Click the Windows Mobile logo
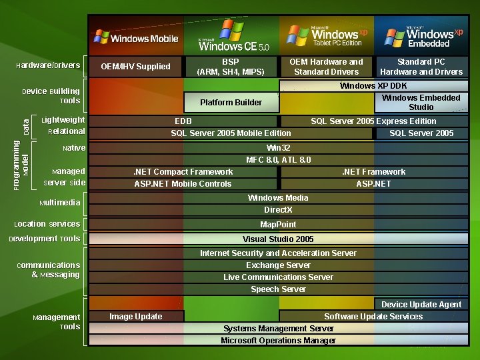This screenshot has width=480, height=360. tap(136, 37)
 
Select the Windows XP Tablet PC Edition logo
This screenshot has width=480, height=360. tap(327, 35)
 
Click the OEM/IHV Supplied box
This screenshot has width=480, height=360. tap(135, 66)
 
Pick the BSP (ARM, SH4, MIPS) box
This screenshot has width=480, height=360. tap(231, 66)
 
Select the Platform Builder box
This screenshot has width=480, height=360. tap(231, 103)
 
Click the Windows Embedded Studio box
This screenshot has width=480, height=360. tap(421, 102)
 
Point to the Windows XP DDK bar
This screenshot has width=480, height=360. tap(373, 86)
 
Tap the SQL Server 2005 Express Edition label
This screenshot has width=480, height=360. tap(373, 121)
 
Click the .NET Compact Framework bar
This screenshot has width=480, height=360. tap(183, 172)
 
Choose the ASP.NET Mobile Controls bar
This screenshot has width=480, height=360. tap(183, 184)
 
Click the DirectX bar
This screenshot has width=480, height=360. tap(278, 210)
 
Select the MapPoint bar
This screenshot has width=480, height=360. tap(278, 225)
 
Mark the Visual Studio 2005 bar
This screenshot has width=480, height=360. tap(278, 239)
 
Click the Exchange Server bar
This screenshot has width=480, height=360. tap(278, 265)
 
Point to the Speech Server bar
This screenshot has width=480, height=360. tap(278, 289)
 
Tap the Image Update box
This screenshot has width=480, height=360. tap(136, 317)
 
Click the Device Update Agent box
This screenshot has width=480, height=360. tap(421, 305)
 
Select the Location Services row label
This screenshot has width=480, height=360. tap(47, 224)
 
